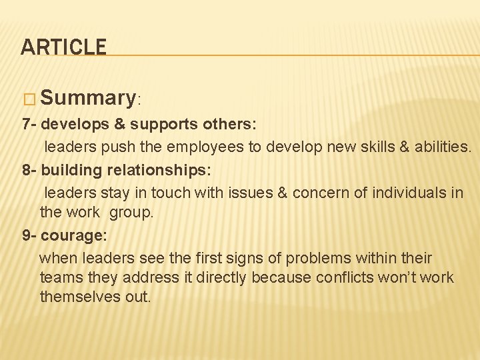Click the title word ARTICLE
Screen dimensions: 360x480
coord(63,47)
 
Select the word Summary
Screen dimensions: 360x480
coord(88,98)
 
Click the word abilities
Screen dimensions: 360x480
coord(443,147)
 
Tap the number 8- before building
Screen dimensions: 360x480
coord(29,170)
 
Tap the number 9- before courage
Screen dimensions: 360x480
coord(29,235)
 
